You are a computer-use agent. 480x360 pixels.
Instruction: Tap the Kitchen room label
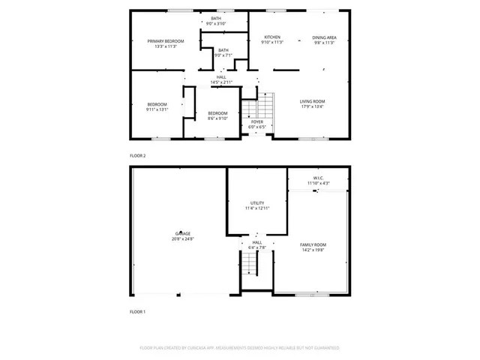pos(271,37)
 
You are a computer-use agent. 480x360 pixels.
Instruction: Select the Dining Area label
pos(324,37)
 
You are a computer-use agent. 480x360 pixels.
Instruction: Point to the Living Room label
pos(312,101)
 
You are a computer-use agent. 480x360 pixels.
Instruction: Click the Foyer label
pos(257,121)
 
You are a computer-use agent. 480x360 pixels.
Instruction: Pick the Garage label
pos(183,233)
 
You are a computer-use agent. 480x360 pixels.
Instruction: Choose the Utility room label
pos(257,203)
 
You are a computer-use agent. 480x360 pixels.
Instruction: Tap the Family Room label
pos(313,245)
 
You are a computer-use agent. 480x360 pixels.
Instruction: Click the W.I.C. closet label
pos(318,178)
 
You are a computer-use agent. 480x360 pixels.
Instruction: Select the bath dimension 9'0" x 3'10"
pos(216,24)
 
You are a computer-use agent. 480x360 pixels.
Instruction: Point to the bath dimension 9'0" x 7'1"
pos(223,55)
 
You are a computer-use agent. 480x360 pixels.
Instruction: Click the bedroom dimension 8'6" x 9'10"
pos(217,117)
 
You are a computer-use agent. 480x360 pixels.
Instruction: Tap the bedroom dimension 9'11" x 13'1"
pos(157,109)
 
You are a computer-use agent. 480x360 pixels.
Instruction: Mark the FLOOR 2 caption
pos(138,155)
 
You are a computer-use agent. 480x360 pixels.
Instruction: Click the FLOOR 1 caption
pos(138,311)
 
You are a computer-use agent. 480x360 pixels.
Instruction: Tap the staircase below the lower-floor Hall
pos(249,264)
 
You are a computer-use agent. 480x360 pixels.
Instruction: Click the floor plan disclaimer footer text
pos(240,348)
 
